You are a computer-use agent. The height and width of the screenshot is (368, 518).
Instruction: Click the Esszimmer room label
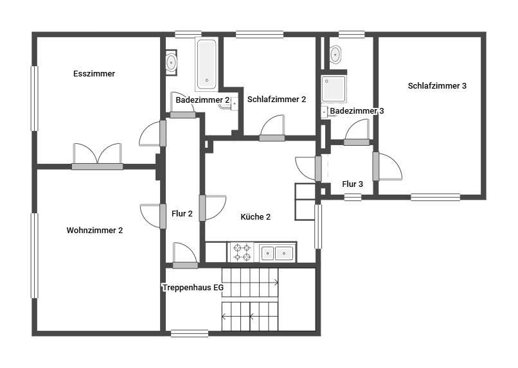[94, 74]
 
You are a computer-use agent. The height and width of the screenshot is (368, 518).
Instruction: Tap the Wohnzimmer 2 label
[94, 231]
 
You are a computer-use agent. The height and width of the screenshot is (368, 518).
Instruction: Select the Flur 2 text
[182, 214]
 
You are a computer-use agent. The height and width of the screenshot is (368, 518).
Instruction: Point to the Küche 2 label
[255, 217]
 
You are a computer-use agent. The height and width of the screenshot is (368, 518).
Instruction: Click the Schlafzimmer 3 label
[437, 86]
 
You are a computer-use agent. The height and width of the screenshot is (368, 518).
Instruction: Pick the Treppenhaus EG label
[193, 288]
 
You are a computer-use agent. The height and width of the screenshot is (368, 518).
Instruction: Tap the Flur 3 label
[352, 184]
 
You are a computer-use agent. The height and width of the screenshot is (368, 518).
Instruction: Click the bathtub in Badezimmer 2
[206, 64]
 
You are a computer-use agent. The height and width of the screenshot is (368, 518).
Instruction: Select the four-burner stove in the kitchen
[242, 252]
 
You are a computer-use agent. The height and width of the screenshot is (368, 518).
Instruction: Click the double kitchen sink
[278, 253]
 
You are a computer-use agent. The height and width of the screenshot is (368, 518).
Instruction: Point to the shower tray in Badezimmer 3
[334, 89]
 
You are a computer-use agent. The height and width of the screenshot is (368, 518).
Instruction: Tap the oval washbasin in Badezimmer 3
[335, 53]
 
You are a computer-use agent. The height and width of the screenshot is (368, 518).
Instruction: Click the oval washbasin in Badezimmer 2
[171, 62]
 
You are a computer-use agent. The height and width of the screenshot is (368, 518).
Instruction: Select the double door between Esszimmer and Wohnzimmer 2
[98, 157]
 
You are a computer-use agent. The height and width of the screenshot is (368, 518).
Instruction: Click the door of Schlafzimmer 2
[272, 128]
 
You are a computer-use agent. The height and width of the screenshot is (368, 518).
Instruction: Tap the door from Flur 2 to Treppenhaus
[185, 256]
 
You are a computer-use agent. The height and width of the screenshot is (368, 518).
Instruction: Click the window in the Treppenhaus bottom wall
[190, 334]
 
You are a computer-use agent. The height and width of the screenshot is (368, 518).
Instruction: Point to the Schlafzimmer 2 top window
[260, 34]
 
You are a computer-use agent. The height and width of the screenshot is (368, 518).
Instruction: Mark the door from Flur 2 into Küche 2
[213, 208]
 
